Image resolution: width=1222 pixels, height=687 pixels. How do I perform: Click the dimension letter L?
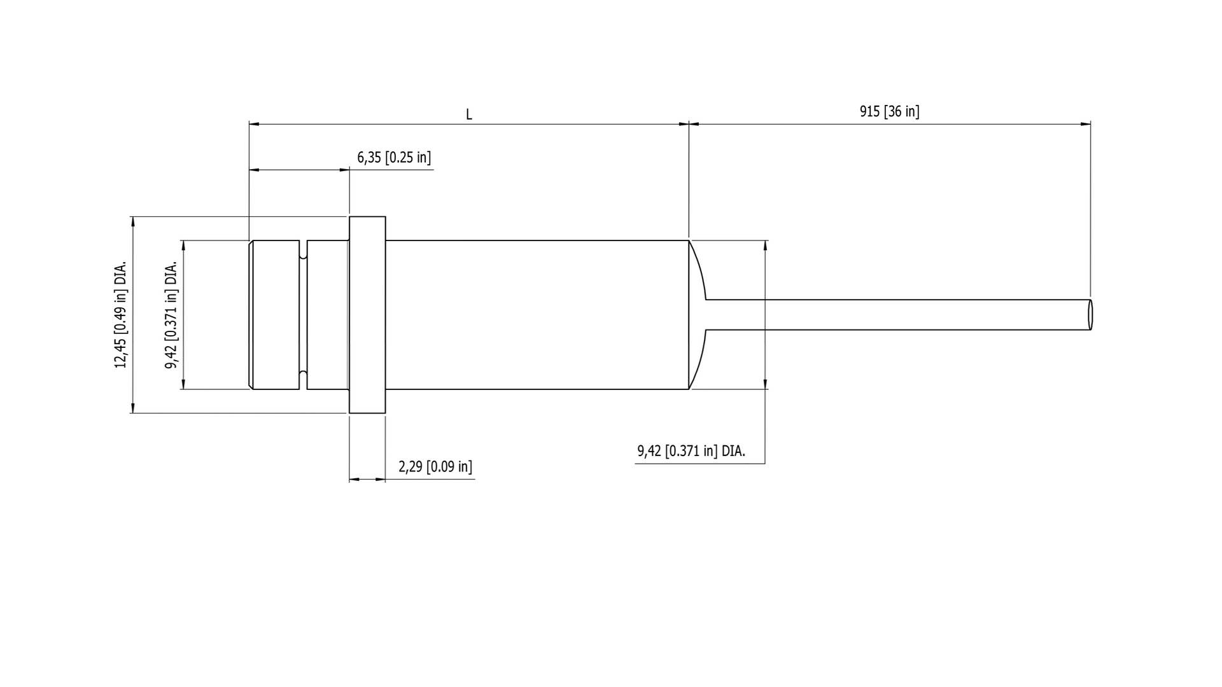469,115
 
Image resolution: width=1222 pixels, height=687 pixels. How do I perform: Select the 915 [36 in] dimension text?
889,112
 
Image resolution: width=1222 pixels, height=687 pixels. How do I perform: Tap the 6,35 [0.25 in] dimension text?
394,158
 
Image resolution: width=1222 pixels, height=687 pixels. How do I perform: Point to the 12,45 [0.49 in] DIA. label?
120,314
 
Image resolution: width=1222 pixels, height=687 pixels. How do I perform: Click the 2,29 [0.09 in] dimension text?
435,467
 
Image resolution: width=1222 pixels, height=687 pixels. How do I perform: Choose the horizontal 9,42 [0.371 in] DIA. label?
691,452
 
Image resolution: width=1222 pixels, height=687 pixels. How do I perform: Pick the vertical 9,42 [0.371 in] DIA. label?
171,314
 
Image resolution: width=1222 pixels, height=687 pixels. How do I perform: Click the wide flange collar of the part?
367,315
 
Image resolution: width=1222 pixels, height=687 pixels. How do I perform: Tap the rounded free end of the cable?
1090,314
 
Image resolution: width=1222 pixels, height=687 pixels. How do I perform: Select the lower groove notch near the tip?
303,375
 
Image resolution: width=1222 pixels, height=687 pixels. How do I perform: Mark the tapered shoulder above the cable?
698,270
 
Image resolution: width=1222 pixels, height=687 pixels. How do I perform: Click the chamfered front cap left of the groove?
275,315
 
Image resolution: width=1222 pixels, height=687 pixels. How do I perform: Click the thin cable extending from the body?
891,314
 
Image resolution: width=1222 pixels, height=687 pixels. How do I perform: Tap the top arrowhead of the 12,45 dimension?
133,221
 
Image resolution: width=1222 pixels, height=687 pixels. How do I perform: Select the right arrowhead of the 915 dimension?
1085,124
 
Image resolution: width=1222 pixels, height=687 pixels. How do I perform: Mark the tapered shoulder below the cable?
698,359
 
